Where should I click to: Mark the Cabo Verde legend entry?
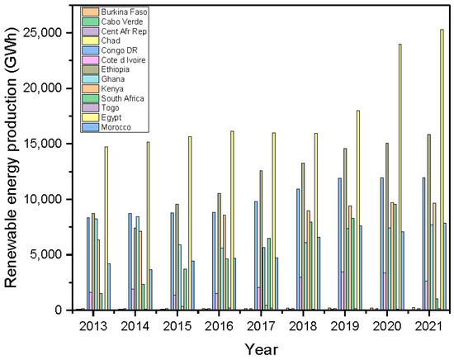point(122,21)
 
